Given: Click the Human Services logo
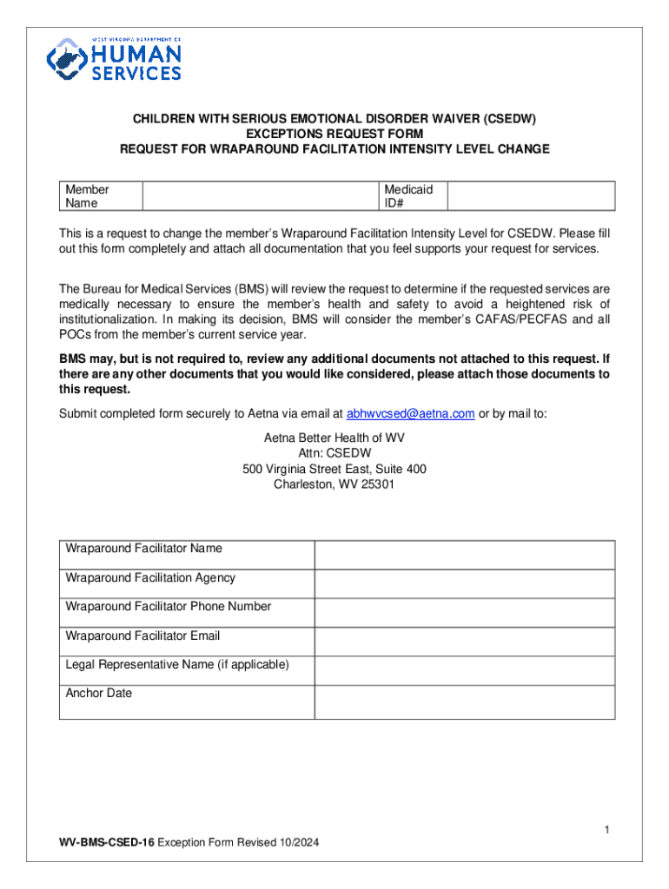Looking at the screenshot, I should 114,59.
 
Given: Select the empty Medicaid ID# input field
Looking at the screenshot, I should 530,195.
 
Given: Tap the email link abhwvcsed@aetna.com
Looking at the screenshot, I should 410,414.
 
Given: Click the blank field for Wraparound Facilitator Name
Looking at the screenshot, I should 464,555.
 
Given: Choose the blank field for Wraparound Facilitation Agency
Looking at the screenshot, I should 464,583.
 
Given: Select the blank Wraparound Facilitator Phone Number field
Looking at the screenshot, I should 464,612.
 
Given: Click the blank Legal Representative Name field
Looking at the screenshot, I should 464,670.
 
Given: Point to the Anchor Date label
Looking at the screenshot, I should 99,694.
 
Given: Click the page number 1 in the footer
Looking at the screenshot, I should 607,831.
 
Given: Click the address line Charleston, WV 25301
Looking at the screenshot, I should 334,484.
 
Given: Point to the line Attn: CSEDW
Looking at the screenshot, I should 334,453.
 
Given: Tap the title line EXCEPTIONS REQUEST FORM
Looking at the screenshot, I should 334,134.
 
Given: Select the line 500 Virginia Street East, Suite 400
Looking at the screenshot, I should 334,469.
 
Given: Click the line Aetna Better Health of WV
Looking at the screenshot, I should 334,438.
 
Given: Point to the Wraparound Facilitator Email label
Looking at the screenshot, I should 142,636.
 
